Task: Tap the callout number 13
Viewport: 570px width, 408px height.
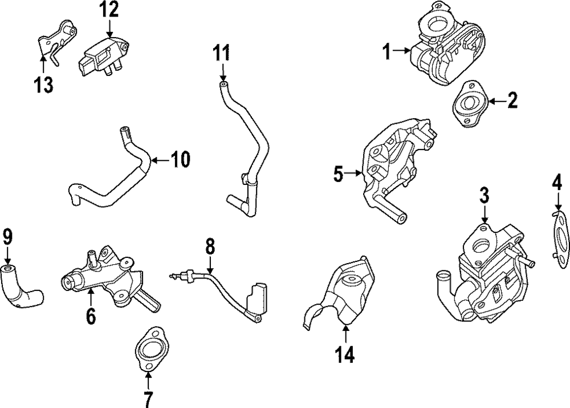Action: click(43, 84)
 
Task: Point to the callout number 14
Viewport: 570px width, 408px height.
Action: click(345, 354)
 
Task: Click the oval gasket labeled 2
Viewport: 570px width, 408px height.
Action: click(469, 104)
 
